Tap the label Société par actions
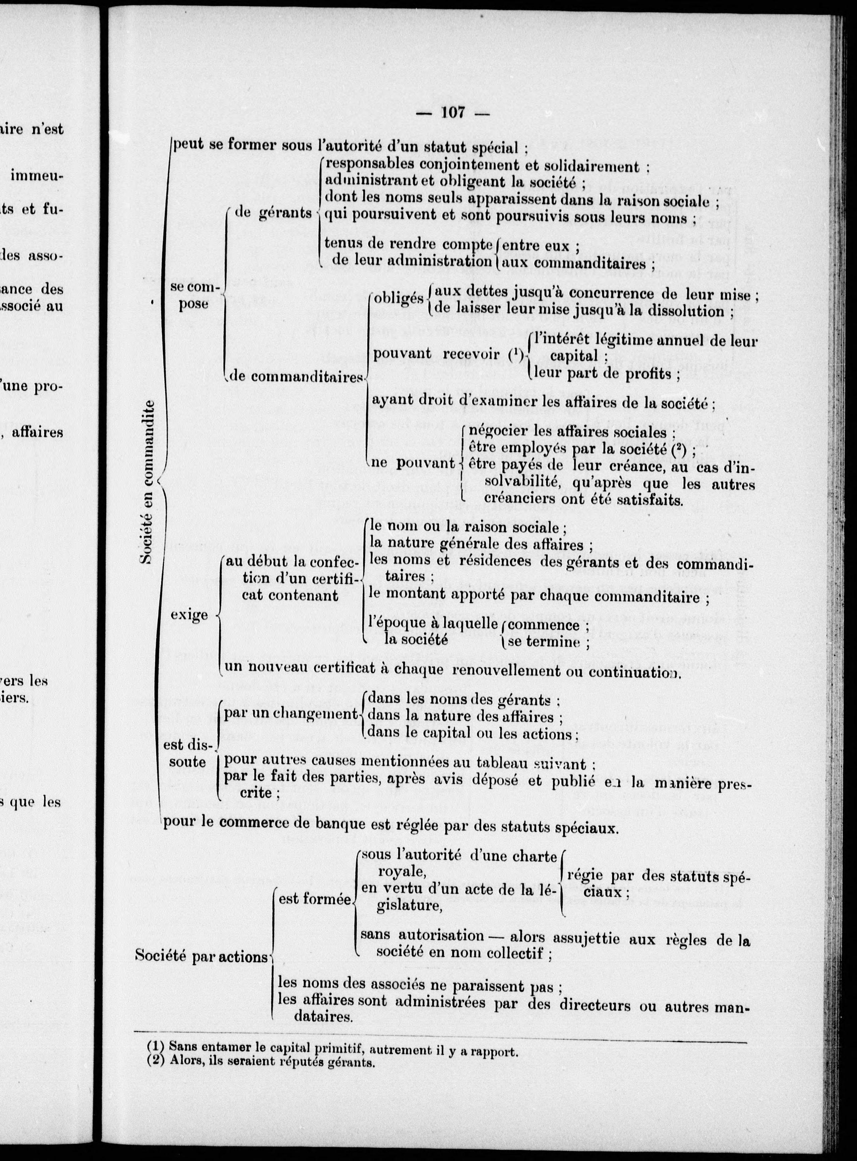[201, 957]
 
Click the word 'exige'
[189, 615]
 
